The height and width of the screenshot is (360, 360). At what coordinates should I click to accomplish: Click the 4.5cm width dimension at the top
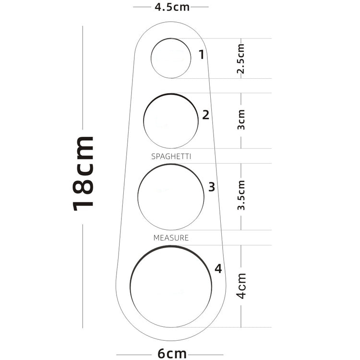tap(171, 8)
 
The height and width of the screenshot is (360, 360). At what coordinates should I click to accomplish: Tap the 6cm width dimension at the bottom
tap(172, 353)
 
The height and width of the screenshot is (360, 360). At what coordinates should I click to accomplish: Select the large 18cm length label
tap(83, 173)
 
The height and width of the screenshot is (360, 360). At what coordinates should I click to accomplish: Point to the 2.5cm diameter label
tap(241, 59)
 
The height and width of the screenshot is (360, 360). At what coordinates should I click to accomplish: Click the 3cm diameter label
tap(241, 120)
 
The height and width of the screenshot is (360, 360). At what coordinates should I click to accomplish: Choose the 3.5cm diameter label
tap(241, 195)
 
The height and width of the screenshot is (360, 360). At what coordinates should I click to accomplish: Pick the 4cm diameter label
tap(241, 286)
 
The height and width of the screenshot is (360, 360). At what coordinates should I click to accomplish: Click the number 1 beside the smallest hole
tap(202, 54)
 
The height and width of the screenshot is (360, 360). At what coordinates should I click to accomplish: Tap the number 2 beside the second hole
tap(205, 115)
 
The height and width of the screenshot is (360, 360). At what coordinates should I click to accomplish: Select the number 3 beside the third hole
tap(212, 187)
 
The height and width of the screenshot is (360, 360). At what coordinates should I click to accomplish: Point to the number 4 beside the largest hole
tap(218, 269)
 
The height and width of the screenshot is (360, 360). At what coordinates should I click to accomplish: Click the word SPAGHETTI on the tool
tap(171, 156)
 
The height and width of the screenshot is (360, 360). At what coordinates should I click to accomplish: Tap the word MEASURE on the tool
tap(171, 238)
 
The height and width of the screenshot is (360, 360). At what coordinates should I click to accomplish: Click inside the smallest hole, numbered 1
tap(171, 58)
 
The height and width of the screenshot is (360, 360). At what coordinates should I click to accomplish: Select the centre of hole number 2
tap(171, 120)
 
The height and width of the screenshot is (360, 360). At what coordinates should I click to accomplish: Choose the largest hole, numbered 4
tap(171, 287)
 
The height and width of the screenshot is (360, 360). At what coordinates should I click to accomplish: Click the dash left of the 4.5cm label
tap(142, 8)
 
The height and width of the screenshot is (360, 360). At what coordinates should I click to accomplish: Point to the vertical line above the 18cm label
tap(83, 77)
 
